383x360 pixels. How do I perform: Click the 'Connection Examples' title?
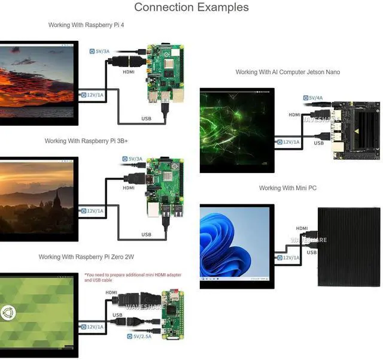(191, 7)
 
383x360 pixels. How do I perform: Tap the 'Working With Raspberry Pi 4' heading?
(86, 25)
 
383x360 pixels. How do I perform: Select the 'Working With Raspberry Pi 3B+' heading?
(86, 141)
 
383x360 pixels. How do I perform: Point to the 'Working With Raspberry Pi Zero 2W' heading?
(86, 257)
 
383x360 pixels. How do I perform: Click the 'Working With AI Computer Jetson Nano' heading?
(288, 72)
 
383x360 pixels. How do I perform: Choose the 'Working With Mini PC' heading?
(288, 188)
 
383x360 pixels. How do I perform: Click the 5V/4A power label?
(313, 98)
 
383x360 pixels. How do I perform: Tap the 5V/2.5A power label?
(139, 337)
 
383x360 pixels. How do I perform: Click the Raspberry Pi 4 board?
(165, 74)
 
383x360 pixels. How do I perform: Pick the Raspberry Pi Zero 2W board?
(173, 314)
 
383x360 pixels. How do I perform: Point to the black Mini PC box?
(349, 247)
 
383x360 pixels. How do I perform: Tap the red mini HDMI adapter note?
(133, 277)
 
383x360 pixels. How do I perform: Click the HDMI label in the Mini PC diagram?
(302, 228)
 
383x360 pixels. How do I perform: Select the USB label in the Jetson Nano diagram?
(319, 143)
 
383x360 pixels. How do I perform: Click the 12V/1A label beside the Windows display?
(288, 258)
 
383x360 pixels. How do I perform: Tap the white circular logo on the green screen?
(8, 313)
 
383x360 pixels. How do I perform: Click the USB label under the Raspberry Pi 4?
(146, 119)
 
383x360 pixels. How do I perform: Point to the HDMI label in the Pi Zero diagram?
(111, 292)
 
